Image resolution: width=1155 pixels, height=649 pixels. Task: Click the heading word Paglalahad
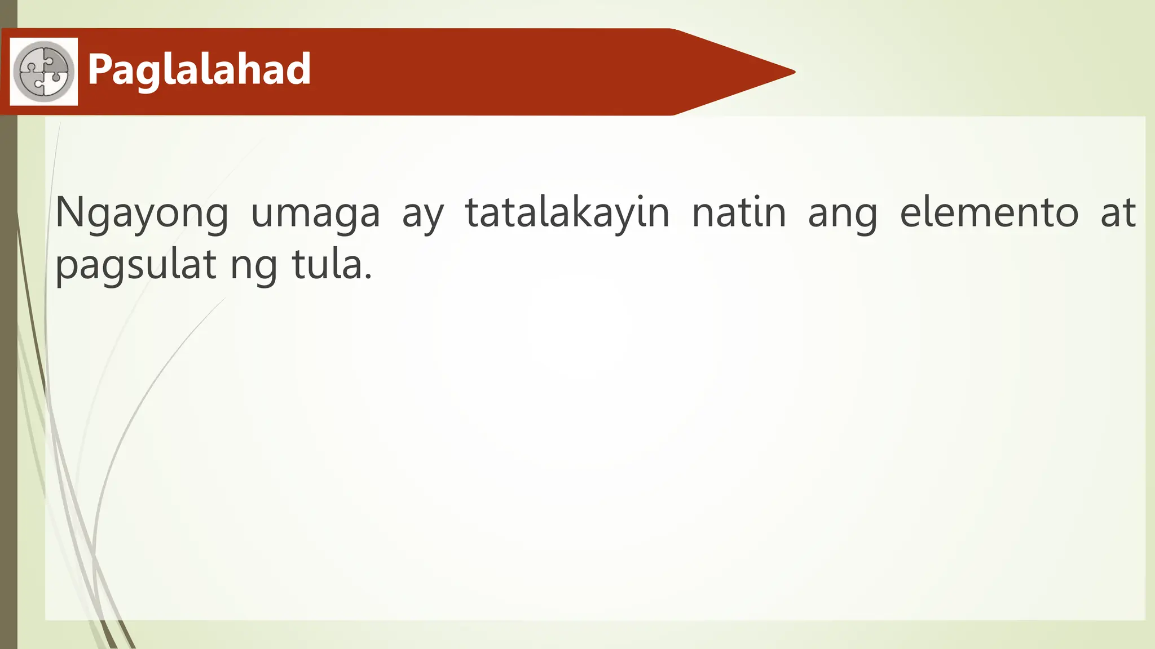pyautogui.click(x=199, y=70)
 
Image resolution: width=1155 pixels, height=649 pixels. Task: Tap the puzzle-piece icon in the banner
pyautogui.click(x=44, y=72)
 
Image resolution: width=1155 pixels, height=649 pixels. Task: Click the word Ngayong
pyautogui.click(x=142, y=214)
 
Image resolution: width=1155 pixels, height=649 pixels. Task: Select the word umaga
pyautogui.click(x=315, y=214)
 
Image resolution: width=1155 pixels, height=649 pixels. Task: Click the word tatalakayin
pyautogui.click(x=567, y=212)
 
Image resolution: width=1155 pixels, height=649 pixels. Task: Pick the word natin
pyautogui.click(x=739, y=212)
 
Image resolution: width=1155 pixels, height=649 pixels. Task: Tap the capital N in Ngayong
pyautogui.click(x=71, y=212)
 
